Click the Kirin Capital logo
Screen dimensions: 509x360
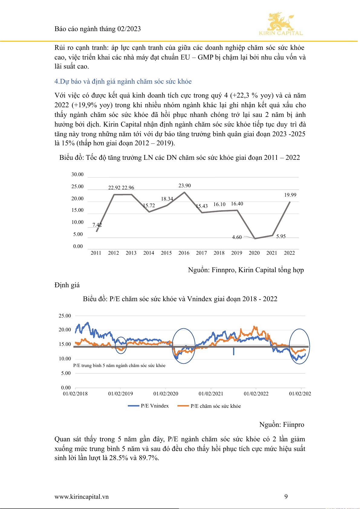coord(281,24)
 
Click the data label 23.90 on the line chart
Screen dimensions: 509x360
coord(184,185)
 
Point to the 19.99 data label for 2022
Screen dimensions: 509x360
coord(290,195)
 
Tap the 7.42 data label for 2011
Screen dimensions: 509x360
coord(97,225)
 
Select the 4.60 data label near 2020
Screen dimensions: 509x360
coord(237,237)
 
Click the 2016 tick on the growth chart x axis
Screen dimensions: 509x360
coord(184,253)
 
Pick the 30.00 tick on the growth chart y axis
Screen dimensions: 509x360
coord(77,174)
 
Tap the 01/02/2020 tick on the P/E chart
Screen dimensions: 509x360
coord(166,394)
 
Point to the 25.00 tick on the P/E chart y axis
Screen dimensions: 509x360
coord(65,316)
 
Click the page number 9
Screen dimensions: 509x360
coord(286,497)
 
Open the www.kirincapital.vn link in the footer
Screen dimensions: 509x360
coord(82,497)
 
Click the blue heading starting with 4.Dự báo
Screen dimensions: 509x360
coord(123,81)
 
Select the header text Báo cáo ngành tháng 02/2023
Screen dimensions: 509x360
coord(98,29)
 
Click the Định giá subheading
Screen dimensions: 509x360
coord(67,285)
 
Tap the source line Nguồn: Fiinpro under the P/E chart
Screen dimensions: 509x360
coord(282,424)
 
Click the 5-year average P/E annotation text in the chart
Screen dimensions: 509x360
coord(119,366)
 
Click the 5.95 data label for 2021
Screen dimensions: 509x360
coord(281,236)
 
